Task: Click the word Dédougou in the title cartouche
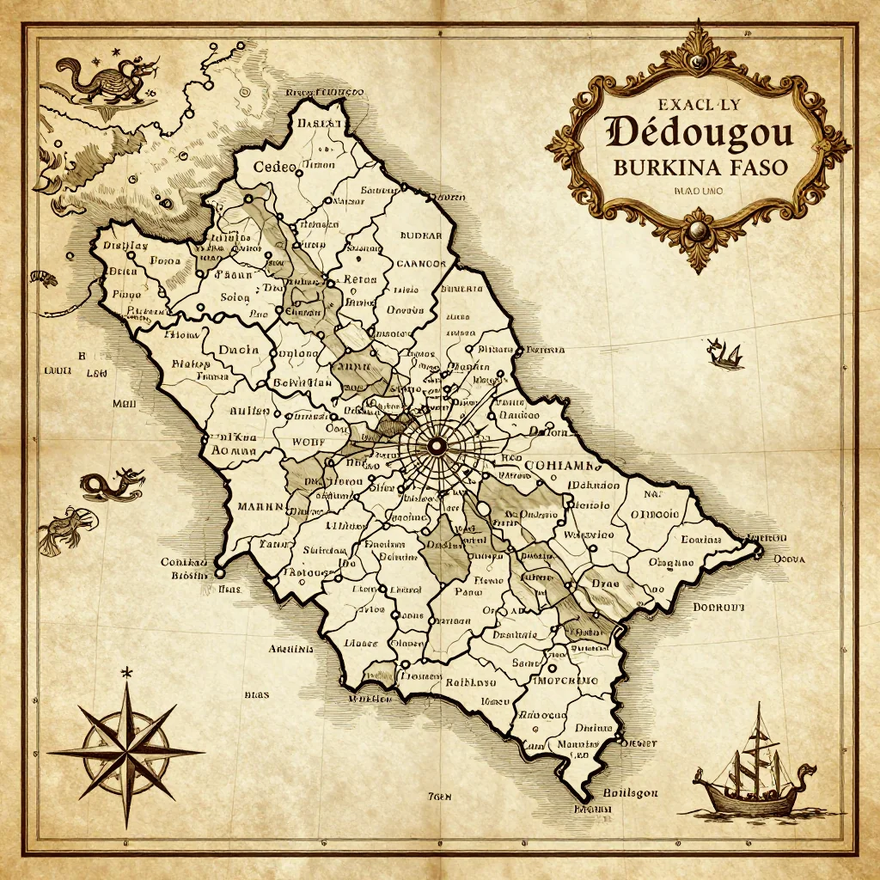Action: (x=700, y=134)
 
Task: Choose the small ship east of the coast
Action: (x=724, y=353)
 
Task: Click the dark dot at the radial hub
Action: (x=436, y=445)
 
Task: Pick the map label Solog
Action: (x=235, y=297)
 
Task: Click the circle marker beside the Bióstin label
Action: (x=219, y=572)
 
